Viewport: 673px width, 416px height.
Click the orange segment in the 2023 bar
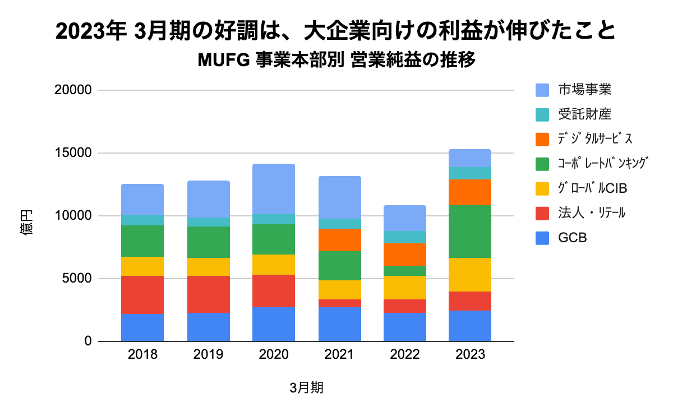(x=470, y=192)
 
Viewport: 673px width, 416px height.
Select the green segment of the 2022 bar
(x=405, y=271)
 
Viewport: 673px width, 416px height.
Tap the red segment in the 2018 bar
(x=142, y=295)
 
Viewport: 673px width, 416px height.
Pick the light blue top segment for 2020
(x=274, y=189)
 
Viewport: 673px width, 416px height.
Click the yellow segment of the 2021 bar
(x=340, y=290)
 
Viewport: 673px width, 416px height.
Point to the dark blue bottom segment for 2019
(x=209, y=327)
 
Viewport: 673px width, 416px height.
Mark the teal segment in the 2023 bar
(x=470, y=173)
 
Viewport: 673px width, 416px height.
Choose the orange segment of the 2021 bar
(x=340, y=240)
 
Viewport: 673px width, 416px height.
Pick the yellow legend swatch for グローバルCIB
(x=542, y=188)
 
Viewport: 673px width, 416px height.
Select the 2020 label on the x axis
(x=274, y=355)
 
